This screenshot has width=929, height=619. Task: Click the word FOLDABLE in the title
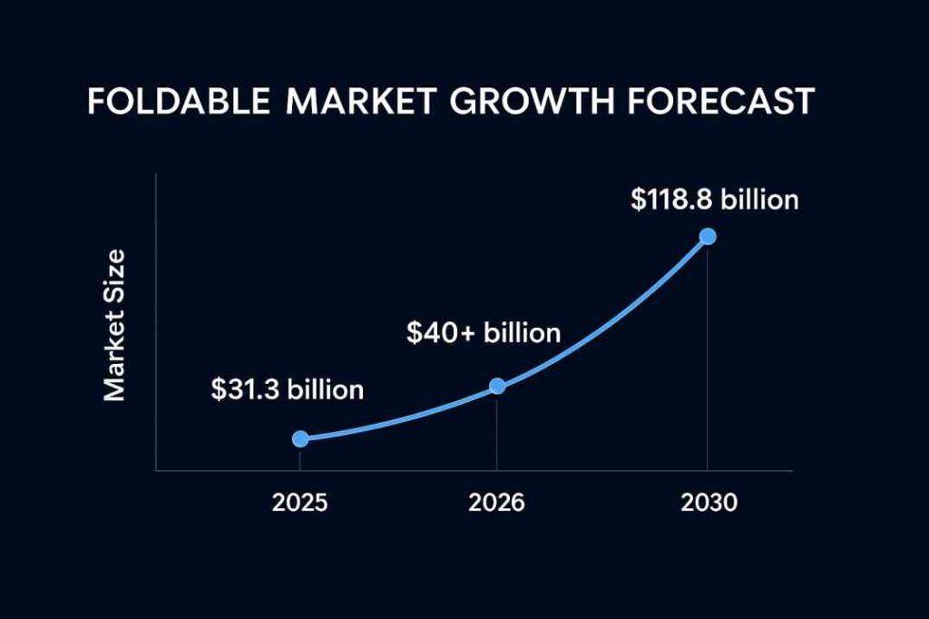(x=178, y=102)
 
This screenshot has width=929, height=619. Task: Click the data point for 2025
(x=300, y=438)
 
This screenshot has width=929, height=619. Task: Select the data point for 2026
(x=497, y=386)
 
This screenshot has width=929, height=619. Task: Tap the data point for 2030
(x=708, y=237)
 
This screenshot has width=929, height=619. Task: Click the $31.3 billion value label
(x=287, y=389)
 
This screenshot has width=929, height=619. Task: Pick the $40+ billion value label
(x=484, y=333)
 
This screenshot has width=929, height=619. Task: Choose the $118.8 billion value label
(x=715, y=199)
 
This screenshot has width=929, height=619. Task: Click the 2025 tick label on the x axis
(x=299, y=502)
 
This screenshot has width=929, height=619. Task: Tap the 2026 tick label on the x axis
(x=497, y=502)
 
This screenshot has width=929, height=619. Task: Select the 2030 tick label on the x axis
(x=709, y=502)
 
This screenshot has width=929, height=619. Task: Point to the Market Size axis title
(x=114, y=324)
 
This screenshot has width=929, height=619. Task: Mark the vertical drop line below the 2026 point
(x=497, y=431)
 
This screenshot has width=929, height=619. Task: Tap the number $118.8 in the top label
(x=671, y=199)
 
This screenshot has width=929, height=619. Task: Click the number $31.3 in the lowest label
(x=249, y=389)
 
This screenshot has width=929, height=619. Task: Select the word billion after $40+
(x=522, y=333)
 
